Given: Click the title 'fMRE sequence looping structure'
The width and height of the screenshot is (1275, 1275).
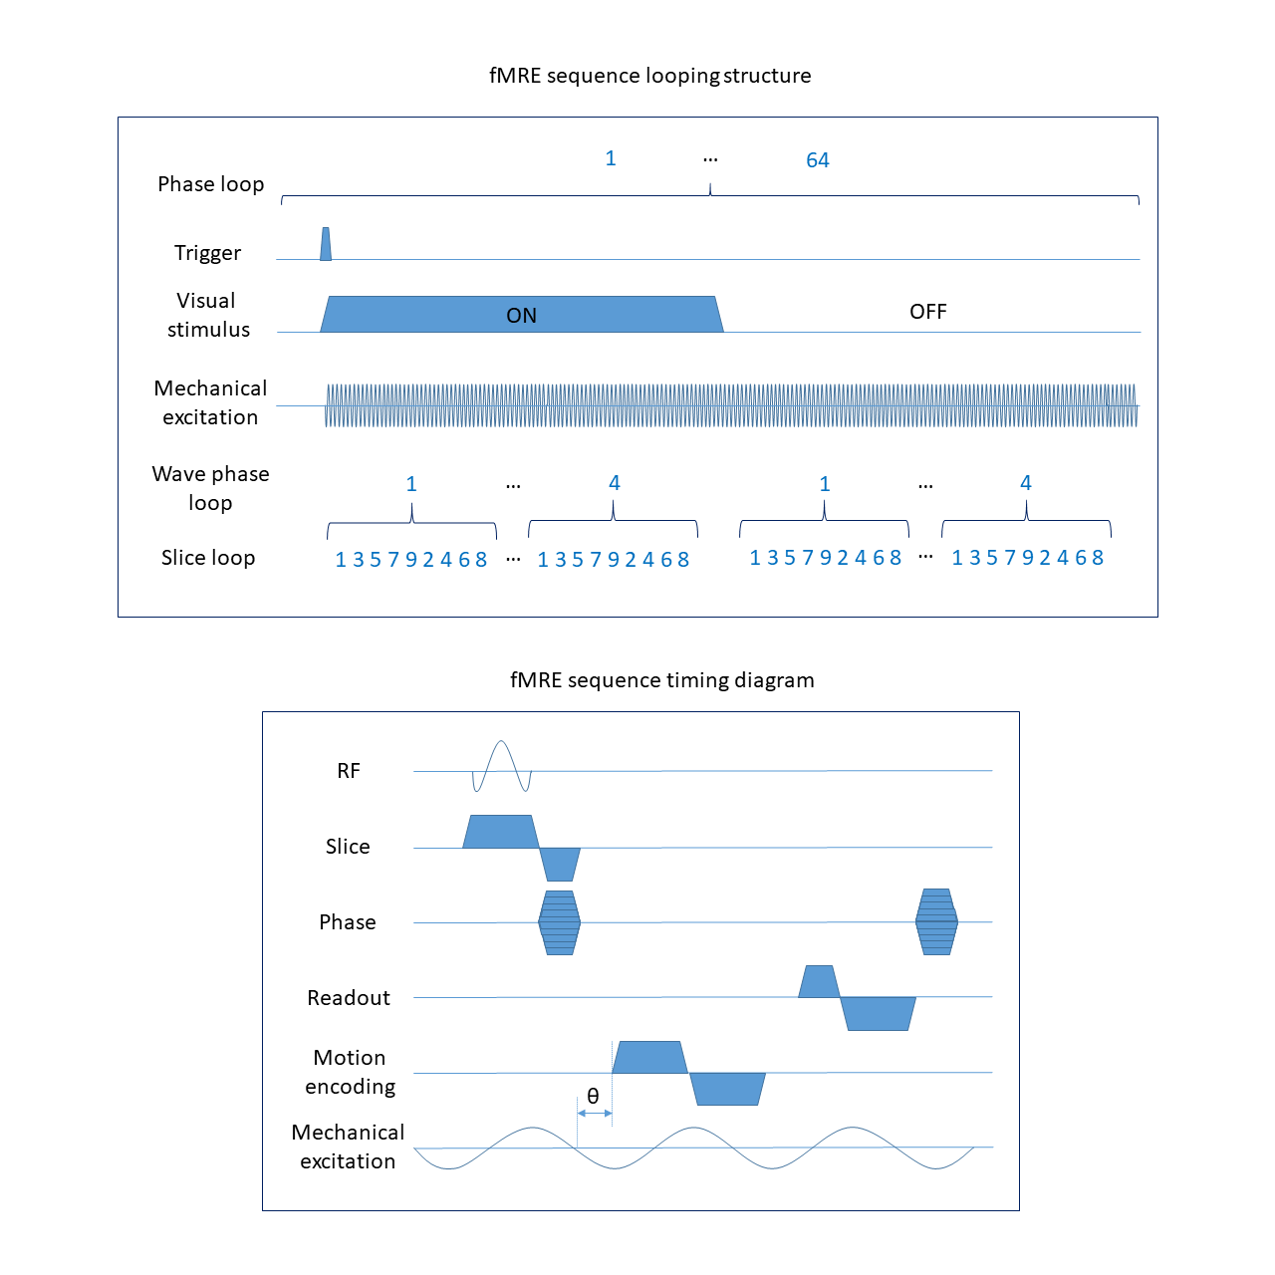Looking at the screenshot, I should pos(649,76).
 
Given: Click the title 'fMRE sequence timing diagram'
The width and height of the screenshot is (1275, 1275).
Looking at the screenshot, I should pos(661,680).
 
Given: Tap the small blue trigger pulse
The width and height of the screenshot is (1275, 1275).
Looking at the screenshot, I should pos(326,245).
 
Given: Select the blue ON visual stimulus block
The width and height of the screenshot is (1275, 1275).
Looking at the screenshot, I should pos(521,315).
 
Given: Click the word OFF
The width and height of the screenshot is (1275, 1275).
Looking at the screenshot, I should pos(927,312).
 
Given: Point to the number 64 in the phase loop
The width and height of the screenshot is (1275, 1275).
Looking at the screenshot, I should pos(817,160).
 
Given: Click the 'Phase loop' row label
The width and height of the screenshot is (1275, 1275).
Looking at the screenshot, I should pos(210,184).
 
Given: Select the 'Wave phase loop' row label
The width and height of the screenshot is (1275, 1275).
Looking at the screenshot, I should pos(210,488).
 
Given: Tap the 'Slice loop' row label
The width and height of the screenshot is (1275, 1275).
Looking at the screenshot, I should pos(208,558).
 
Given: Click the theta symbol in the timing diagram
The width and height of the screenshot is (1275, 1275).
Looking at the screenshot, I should pos(593,1097).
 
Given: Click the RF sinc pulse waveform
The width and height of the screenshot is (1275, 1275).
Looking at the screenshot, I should pos(501,765).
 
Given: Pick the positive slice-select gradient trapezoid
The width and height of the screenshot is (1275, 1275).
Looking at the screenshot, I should pos(500,832).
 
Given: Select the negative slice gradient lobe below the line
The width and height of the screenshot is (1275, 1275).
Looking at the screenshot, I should pos(560,864).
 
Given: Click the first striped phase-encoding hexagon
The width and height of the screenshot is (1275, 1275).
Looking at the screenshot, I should pos(559,922).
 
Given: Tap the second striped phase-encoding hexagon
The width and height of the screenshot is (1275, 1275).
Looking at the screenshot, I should pos(936,922).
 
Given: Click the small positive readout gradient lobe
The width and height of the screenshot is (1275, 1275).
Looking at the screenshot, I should pos(819,982).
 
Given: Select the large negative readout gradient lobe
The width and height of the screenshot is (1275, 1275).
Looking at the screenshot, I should pos(879,1013).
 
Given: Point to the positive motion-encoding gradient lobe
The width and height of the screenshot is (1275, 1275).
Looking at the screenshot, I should pos(649,1058).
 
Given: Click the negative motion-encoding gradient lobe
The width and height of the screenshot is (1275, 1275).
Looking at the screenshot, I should pos(728,1089).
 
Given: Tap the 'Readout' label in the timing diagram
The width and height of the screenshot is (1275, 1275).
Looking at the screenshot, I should pos(349,998).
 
